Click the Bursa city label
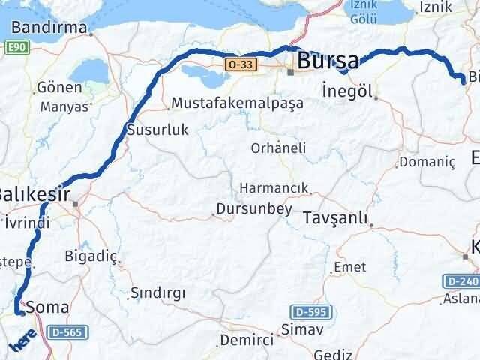(x=328, y=61)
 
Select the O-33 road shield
(x=236, y=65)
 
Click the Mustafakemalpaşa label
(x=237, y=103)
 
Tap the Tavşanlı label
(x=337, y=218)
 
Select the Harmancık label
(x=274, y=187)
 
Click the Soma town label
(x=47, y=307)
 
